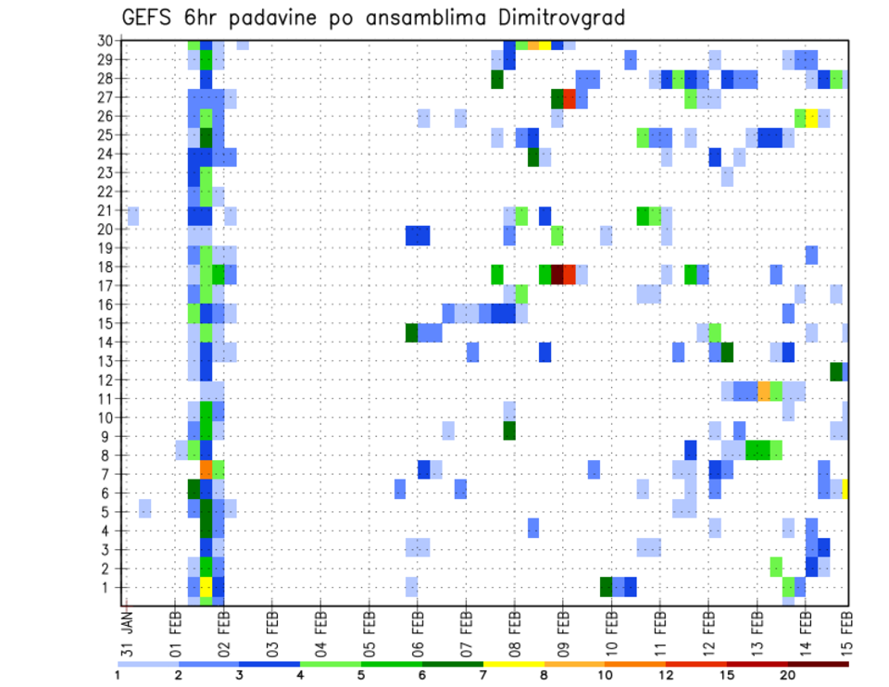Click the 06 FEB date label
[418, 629]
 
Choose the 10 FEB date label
[611, 629]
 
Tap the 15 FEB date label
[846, 629]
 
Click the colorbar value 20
[788, 675]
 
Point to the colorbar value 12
[667, 675]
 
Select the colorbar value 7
[483, 675]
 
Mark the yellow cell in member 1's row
[207, 587]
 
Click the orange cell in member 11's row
[764, 391]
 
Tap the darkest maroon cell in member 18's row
[557, 274]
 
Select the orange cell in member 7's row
[207, 469]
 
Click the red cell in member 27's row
[570, 98]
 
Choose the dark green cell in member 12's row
[836, 371]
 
